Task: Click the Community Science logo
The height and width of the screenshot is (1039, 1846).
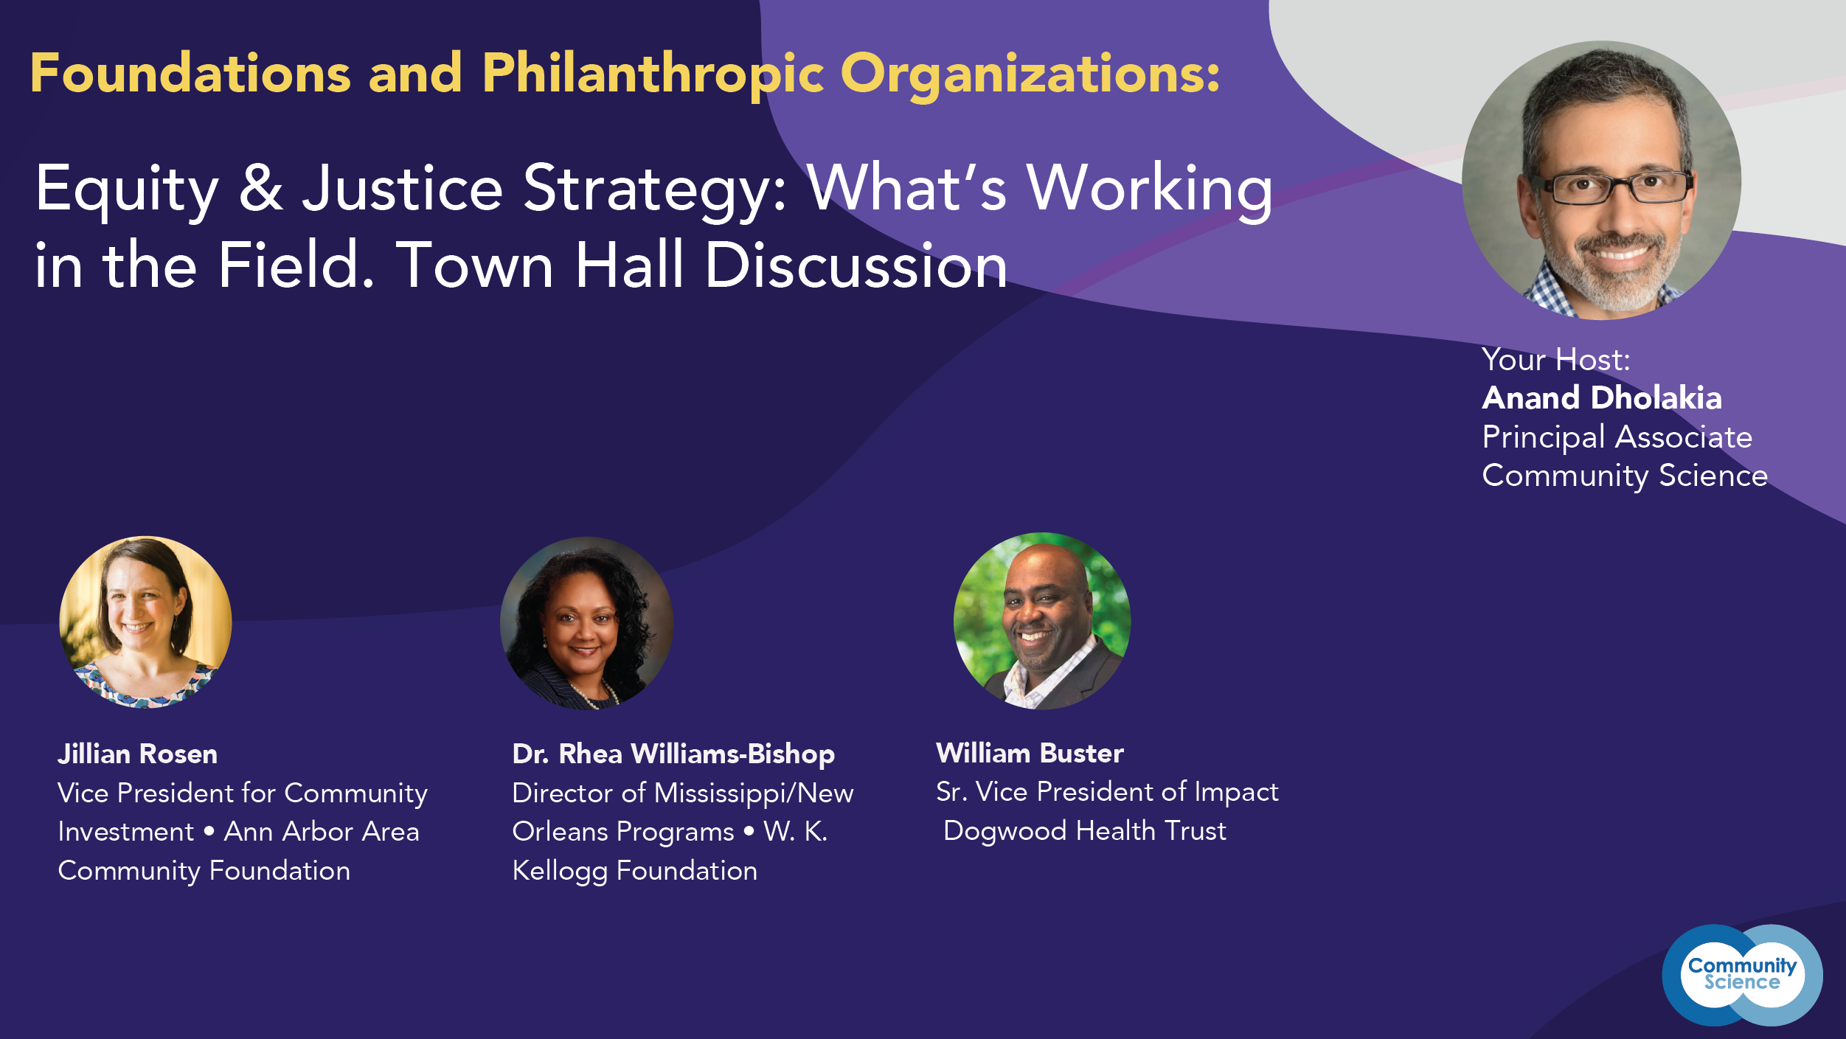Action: pyautogui.click(x=1742, y=975)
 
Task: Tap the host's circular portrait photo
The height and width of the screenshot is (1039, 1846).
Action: pyautogui.click(x=1601, y=180)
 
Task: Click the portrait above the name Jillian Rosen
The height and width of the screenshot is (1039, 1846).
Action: pyautogui.click(x=145, y=622)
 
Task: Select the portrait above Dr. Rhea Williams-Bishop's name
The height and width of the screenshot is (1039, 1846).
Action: pyautogui.click(x=586, y=623)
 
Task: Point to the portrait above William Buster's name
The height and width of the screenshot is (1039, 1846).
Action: pyautogui.click(x=1041, y=621)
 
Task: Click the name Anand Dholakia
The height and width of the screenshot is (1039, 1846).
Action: pyautogui.click(x=1602, y=397)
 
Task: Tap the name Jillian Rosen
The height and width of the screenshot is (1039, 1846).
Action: pyautogui.click(x=138, y=754)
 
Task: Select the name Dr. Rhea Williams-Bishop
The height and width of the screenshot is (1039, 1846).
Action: pyautogui.click(x=673, y=754)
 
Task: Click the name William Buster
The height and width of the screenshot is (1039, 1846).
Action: pyautogui.click(x=1030, y=753)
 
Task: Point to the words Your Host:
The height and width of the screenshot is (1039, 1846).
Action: pyautogui.click(x=1556, y=359)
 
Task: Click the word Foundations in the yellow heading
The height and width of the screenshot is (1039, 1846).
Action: pyautogui.click(x=190, y=74)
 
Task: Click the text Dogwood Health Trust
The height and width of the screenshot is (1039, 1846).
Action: pyautogui.click(x=1085, y=830)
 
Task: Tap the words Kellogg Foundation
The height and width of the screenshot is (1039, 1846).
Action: pyautogui.click(x=635, y=871)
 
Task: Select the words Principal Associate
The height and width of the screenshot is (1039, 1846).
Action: pyautogui.click(x=1617, y=437)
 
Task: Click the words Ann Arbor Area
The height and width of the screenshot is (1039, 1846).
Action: pyautogui.click(x=322, y=832)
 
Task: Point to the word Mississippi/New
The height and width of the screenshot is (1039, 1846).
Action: pyautogui.click(x=754, y=793)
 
